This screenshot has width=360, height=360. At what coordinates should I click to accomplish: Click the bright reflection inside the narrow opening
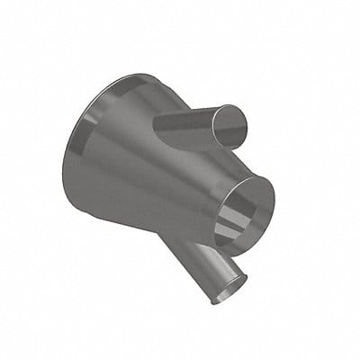pos(237,220)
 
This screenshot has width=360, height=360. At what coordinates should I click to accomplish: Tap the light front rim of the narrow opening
pos(266,193)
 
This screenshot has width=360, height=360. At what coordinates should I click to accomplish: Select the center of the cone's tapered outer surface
pos(144,175)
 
